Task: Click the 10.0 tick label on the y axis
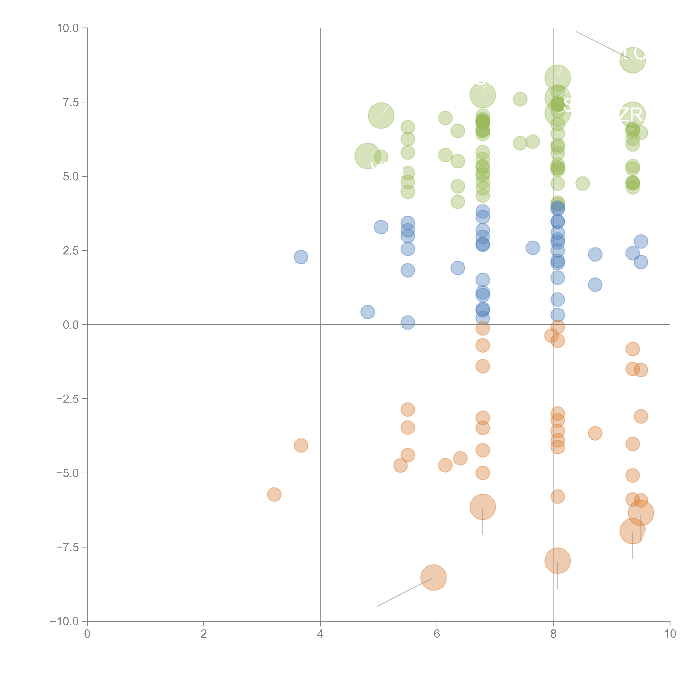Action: point(68,28)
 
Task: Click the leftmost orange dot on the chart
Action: point(274,495)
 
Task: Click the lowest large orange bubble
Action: point(434,577)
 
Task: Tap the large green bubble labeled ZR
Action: point(632,115)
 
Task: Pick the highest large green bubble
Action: point(632,60)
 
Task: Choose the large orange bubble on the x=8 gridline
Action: point(557,560)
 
